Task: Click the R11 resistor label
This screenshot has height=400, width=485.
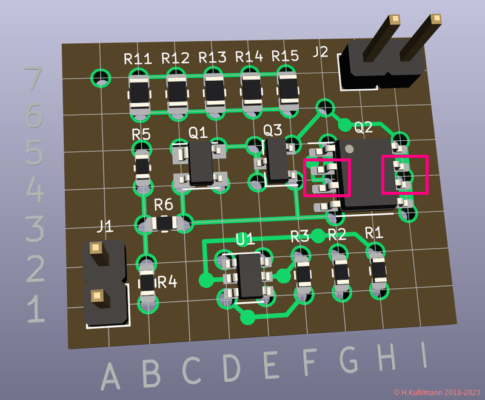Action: pyautogui.click(x=138, y=59)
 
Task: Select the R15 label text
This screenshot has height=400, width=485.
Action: pyautogui.click(x=286, y=56)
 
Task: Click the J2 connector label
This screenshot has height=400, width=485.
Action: pyautogui.click(x=321, y=52)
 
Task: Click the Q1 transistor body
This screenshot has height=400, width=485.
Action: pyautogui.click(x=199, y=162)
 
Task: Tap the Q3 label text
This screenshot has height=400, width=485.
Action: pyautogui.click(x=273, y=130)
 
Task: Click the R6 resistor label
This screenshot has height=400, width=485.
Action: pyautogui.click(x=164, y=204)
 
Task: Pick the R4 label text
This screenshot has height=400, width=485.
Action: pyautogui.click(x=167, y=282)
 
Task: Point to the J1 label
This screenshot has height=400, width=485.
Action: pyautogui.click(x=105, y=226)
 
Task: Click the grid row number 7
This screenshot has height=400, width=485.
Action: pyautogui.click(x=34, y=78)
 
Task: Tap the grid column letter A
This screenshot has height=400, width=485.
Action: pyautogui.click(x=110, y=376)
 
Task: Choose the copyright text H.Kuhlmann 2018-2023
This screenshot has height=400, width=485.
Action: pyautogui.click(x=436, y=393)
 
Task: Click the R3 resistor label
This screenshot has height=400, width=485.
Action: pyautogui.click(x=300, y=236)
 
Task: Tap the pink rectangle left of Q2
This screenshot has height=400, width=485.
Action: pyautogui.click(x=327, y=177)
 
